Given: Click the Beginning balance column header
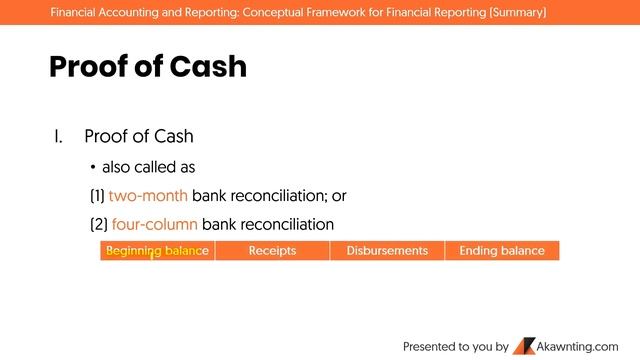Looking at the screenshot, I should coord(158,251).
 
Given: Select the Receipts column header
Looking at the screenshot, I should coord(272,251).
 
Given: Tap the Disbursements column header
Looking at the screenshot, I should coord(387,251).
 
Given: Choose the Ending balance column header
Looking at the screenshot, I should coord(502,251).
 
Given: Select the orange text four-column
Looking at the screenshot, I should coord(154,223).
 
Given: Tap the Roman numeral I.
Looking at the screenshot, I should coord(58,137).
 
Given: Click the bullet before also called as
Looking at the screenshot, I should coord(92,167).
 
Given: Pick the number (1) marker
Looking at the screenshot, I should coord(97,195).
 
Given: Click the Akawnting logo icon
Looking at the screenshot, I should coord(524,346).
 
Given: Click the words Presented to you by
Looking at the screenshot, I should coord(455,347).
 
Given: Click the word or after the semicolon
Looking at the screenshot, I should coord(339,195).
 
